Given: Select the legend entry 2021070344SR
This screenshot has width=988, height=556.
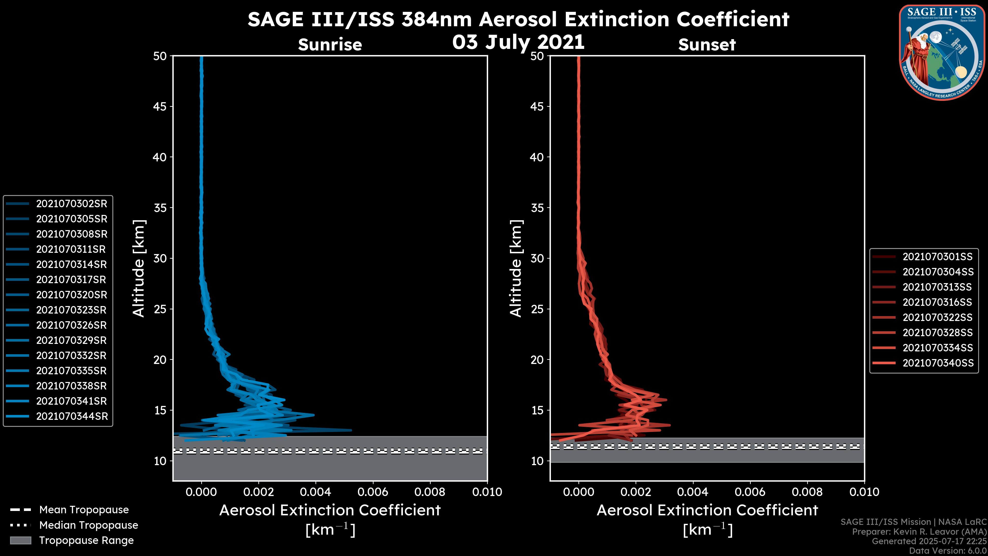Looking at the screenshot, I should [x=72, y=416].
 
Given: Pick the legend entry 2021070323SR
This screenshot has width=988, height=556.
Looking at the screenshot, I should [x=71, y=310].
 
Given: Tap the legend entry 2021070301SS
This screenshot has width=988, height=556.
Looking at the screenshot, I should [x=938, y=257].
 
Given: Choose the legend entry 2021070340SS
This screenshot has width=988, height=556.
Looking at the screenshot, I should [x=938, y=363].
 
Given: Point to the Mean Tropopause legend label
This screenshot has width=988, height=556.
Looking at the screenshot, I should [x=84, y=510].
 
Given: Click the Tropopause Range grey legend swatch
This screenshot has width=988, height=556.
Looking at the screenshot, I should [x=20, y=540].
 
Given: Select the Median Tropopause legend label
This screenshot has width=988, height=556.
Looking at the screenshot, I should [x=89, y=525].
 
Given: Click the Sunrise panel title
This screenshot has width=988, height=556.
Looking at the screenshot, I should [x=330, y=45].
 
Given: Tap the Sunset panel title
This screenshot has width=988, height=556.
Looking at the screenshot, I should [x=707, y=45].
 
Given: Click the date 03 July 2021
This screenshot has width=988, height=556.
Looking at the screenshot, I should [x=518, y=42].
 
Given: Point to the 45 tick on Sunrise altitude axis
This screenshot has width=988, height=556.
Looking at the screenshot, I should [x=160, y=107].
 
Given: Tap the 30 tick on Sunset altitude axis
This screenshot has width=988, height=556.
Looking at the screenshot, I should [x=537, y=259].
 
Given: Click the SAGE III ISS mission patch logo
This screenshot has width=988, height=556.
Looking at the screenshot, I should [x=942, y=53].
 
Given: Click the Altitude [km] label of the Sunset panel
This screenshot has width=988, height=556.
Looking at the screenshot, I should [x=516, y=268].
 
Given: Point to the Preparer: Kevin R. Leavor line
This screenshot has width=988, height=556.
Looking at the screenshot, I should [x=919, y=532].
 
